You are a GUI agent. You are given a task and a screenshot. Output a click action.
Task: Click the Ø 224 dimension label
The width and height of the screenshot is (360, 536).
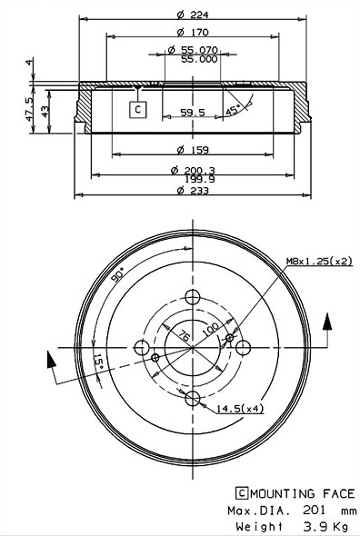tap(193, 15)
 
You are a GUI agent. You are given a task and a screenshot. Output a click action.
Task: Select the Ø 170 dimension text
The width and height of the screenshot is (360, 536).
tap(193, 32)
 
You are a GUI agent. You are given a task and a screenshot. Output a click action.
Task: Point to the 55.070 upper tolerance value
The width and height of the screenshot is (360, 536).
tap(199, 50)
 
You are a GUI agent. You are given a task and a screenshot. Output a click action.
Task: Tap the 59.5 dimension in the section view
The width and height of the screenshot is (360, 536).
tap(193, 112)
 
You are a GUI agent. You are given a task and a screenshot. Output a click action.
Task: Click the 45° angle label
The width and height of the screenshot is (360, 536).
tap(233, 111)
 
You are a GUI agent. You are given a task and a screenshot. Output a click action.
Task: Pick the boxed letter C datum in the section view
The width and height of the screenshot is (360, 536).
tap(138, 110)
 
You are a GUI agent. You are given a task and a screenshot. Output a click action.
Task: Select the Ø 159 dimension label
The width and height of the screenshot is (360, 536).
tap(193, 150)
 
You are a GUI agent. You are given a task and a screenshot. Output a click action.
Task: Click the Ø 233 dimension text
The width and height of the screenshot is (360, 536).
tap(193, 191)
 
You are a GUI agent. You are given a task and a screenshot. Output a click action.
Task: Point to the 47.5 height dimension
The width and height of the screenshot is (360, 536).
tap(29, 109)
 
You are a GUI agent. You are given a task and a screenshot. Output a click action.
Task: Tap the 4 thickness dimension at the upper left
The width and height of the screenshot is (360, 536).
tap(30, 62)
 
